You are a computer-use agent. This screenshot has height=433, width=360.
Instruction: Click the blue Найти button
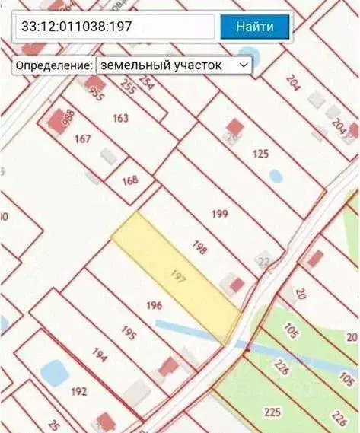[x=255, y=27]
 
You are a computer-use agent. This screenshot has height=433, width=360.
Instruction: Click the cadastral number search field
[x=114, y=27]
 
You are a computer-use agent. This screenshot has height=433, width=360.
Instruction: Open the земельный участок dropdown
[x=174, y=65]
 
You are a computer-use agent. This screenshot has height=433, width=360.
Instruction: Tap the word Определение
[x=53, y=65]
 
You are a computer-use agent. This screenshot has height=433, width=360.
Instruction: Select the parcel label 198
[x=200, y=248]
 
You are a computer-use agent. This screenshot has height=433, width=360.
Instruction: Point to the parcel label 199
[x=220, y=214]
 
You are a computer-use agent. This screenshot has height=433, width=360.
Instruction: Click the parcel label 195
[x=128, y=334]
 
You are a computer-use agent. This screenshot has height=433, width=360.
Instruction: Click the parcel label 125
[x=260, y=154]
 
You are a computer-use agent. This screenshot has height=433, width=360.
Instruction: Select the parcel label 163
[x=120, y=118]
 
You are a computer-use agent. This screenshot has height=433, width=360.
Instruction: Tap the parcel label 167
[x=84, y=138]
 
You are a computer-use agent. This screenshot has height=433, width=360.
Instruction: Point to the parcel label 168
[x=129, y=180]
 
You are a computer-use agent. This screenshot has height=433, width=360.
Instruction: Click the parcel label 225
[x=273, y=412]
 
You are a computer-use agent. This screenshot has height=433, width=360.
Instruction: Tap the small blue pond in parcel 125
[x=276, y=176]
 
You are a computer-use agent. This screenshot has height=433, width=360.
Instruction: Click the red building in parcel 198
[x=237, y=285]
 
